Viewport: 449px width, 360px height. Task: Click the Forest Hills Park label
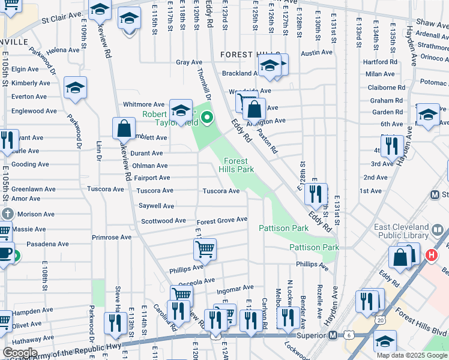click(x=239, y=165)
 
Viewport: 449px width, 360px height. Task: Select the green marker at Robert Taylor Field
click(x=208, y=117)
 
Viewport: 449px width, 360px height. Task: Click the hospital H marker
click(x=430, y=255)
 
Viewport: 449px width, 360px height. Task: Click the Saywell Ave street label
click(x=156, y=206)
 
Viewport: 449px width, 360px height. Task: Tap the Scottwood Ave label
click(x=163, y=221)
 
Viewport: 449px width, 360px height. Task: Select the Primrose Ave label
click(x=112, y=237)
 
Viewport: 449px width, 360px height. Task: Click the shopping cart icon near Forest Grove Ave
click(x=205, y=248)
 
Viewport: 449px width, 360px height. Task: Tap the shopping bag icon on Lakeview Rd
click(x=124, y=128)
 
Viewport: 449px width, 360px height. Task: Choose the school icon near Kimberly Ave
click(x=76, y=88)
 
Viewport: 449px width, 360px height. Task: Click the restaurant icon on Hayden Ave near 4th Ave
click(x=391, y=146)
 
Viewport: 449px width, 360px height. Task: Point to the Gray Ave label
click(x=189, y=62)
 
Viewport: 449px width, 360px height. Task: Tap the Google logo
click(x=20, y=353)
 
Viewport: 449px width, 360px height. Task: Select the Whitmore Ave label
click(x=143, y=104)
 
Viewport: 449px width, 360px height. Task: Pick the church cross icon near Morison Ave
click(x=7, y=214)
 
